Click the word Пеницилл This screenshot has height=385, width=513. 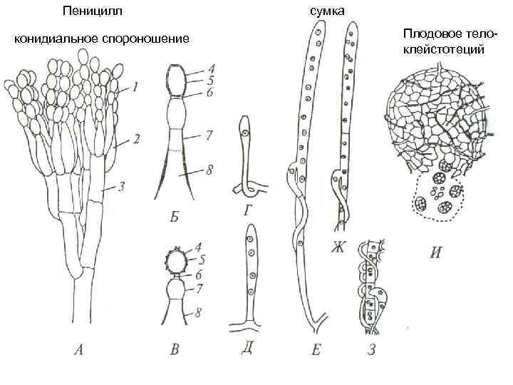click(x=92, y=11)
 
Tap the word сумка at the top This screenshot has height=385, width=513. click(x=327, y=11)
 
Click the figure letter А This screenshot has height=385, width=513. click(x=79, y=349)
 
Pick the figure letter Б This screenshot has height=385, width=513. click(x=174, y=215)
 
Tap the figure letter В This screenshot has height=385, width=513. click(x=175, y=349)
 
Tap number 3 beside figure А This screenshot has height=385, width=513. click(x=121, y=187)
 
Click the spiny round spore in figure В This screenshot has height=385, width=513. click(x=175, y=261)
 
